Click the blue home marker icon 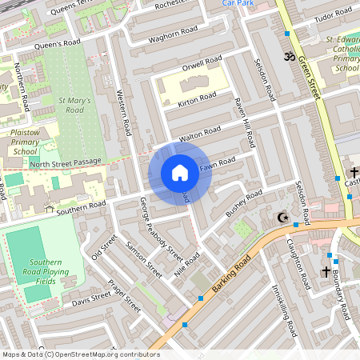tap(180, 173)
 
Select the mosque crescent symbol tap(281, 218)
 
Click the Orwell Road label tap(202, 62)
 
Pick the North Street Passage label tap(66, 162)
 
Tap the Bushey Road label tap(243, 204)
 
